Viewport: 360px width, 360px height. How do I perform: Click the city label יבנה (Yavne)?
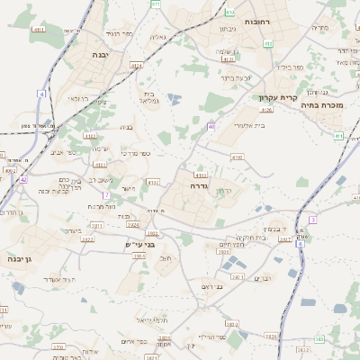point(99,55)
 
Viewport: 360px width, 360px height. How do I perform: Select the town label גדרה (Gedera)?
point(199,184)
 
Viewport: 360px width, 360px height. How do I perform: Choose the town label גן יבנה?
point(19,259)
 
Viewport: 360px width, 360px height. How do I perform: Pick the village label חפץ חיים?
point(233,245)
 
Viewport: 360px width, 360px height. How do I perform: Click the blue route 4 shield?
point(40,94)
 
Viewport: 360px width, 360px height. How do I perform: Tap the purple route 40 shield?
point(211,127)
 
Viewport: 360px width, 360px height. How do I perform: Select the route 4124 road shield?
point(136,66)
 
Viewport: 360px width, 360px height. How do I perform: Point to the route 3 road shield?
point(312,220)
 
